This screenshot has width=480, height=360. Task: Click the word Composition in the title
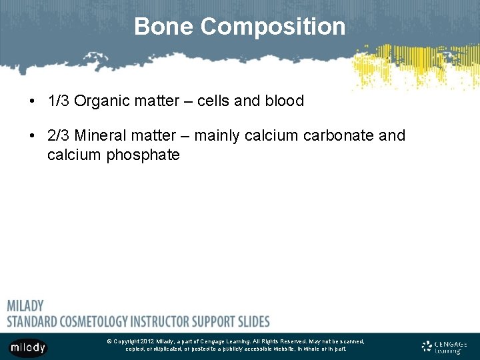click(x=273, y=27)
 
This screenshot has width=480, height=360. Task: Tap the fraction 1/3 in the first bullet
click(x=59, y=101)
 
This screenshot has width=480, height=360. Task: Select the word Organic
click(x=101, y=101)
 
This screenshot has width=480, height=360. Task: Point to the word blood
click(x=284, y=101)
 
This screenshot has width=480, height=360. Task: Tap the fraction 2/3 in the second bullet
click(x=59, y=136)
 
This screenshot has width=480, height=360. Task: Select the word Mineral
click(x=100, y=136)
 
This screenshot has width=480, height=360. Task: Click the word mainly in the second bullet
click(x=216, y=136)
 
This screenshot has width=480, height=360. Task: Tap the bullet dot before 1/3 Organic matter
click(x=32, y=102)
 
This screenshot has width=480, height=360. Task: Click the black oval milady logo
click(x=27, y=347)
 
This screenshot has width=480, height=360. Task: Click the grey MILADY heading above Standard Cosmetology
click(x=25, y=306)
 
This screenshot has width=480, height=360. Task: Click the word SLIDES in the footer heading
click(x=251, y=321)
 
